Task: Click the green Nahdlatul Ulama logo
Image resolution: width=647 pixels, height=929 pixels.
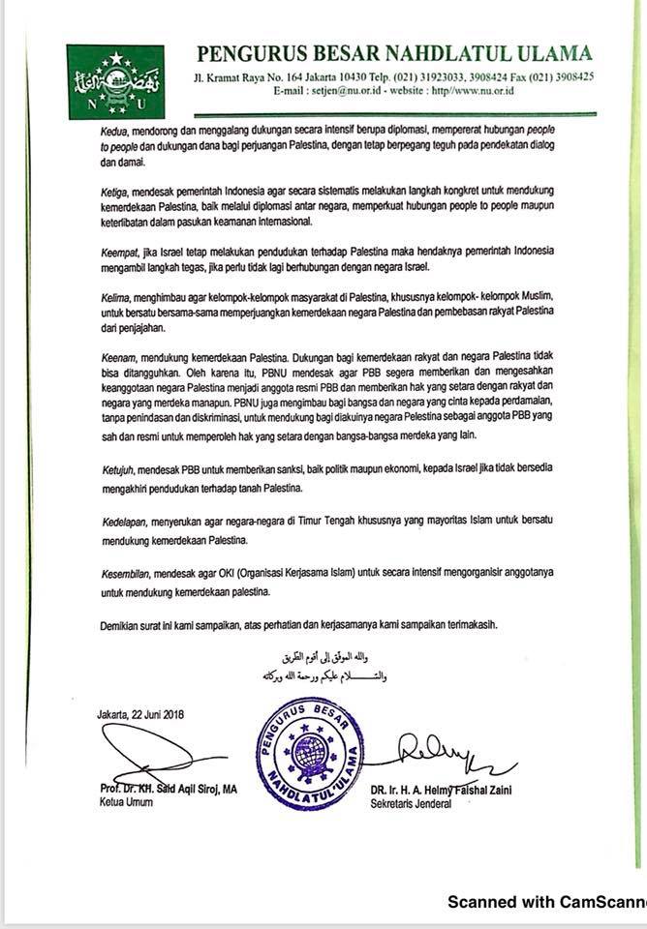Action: click(x=102, y=81)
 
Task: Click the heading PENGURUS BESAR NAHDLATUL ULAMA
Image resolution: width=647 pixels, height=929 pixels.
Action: click(x=394, y=54)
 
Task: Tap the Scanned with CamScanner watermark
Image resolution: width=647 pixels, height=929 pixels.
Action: click(x=546, y=902)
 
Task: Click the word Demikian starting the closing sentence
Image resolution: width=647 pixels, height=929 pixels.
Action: click(x=123, y=624)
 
